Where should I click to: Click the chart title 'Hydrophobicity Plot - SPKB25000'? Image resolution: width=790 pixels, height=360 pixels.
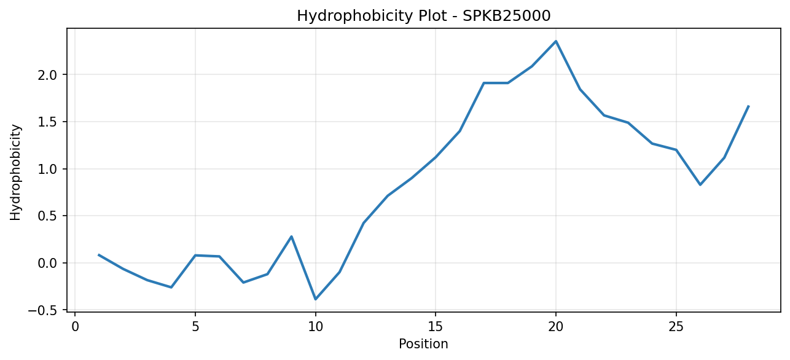pyautogui.click(x=424, y=16)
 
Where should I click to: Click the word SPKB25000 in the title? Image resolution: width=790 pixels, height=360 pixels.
pyautogui.click(x=506, y=16)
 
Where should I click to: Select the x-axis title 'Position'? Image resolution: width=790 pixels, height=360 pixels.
pyautogui.click(x=423, y=344)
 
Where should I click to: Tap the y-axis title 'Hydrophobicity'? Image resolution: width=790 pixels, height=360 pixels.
pyautogui.click(x=15, y=173)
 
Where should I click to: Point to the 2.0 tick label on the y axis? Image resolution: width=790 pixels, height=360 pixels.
pyautogui.click(x=49, y=75)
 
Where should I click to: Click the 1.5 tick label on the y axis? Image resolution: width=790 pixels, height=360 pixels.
pyautogui.click(x=49, y=122)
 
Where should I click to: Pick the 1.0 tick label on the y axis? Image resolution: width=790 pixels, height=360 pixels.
pyautogui.click(x=49, y=169)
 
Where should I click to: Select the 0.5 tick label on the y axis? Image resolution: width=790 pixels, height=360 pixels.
pyautogui.click(x=49, y=216)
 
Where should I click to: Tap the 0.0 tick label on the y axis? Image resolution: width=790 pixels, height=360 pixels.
pyautogui.click(x=49, y=263)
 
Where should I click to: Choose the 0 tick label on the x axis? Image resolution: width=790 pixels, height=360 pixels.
pyautogui.click(x=75, y=327)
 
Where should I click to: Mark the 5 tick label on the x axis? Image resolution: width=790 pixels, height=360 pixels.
pyautogui.click(x=195, y=327)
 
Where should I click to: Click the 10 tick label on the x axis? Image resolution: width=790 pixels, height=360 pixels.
pyautogui.click(x=316, y=327)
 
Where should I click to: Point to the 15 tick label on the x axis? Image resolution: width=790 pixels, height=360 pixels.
pyautogui.click(x=436, y=327)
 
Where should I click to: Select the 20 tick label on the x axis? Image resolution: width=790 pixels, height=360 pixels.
pyautogui.click(x=556, y=327)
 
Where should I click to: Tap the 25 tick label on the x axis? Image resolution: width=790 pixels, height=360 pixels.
pyautogui.click(x=676, y=327)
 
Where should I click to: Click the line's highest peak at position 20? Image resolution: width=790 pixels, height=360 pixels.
pyautogui.click(x=556, y=41)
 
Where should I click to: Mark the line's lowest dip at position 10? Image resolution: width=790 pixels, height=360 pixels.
pyautogui.click(x=316, y=299)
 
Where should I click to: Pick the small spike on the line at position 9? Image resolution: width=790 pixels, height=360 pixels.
pyautogui.click(x=291, y=237)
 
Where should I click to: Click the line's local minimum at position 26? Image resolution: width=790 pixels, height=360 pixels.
pyautogui.click(x=700, y=185)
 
